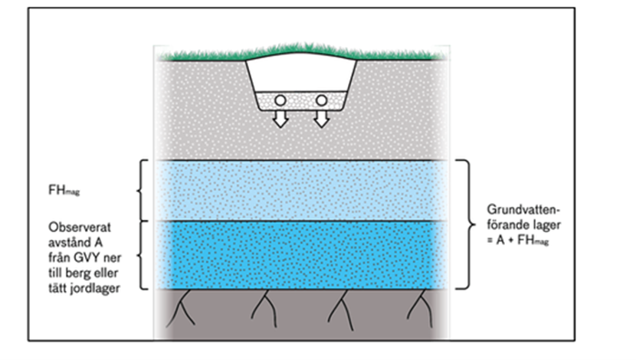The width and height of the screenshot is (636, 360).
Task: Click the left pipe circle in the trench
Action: click(281, 100)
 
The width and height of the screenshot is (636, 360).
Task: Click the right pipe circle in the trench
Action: click(320, 100)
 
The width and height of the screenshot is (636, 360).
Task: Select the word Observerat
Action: click(77, 227)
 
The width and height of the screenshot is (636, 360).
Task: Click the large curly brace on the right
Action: click(463, 224)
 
